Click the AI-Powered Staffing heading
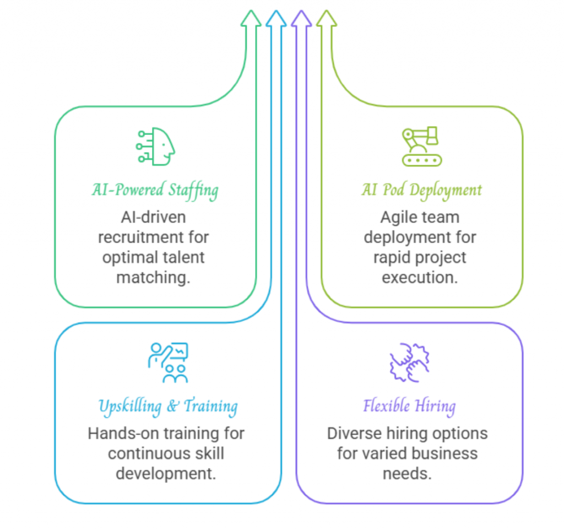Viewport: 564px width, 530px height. tap(155, 191)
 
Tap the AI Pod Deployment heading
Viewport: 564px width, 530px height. tap(421, 191)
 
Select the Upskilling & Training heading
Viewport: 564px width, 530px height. tap(168, 407)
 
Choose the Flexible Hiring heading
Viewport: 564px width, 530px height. tap(409, 407)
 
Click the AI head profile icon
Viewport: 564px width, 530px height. tap(156, 146)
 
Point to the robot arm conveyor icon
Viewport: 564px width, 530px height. tap(421, 146)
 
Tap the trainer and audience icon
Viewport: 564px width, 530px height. tap(169, 363)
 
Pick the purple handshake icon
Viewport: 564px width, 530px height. tap(409, 363)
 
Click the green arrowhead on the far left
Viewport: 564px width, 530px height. tap(251, 19)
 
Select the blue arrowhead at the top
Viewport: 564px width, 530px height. tap(276, 19)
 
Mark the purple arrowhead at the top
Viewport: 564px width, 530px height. tap(301, 19)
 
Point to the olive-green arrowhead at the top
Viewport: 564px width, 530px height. tap(326, 19)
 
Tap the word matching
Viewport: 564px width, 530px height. tap(154, 277)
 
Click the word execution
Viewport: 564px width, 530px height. tap(420, 277)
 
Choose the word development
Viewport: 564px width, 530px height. tap(166, 473)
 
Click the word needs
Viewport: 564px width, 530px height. tap(407, 473)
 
